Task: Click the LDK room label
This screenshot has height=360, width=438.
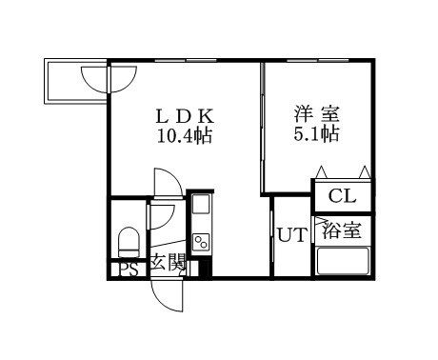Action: coord(186,116)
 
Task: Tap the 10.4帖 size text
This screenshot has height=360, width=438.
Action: coord(185,135)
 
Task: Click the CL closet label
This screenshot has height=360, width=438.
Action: coord(342,197)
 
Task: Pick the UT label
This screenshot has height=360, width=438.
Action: coord(292,235)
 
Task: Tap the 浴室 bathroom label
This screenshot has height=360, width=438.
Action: coord(342,230)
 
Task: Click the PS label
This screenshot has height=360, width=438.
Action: coord(129,269)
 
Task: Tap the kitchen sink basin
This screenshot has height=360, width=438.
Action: coord(201,207)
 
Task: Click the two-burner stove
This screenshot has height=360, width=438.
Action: coord(201,240)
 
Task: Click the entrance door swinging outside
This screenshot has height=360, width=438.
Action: coord(168,294)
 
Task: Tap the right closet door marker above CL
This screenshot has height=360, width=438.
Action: coord(363,171)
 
